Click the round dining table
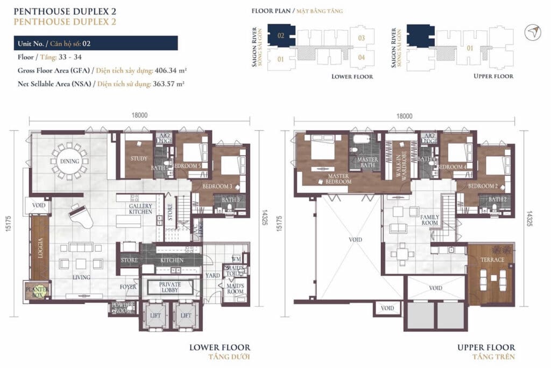(70, 161)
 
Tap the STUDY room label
(139, 158)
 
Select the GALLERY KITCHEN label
(140, 209)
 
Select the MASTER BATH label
(368, 162)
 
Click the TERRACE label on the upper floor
(492, 260)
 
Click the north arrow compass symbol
(533, 32)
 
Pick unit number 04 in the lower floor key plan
(362, 57)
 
